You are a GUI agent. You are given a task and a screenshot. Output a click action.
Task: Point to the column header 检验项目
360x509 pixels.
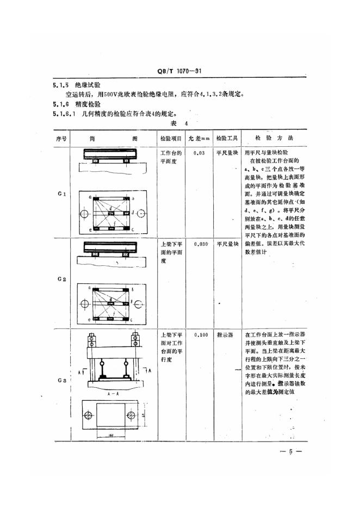(x=171, y=138)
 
